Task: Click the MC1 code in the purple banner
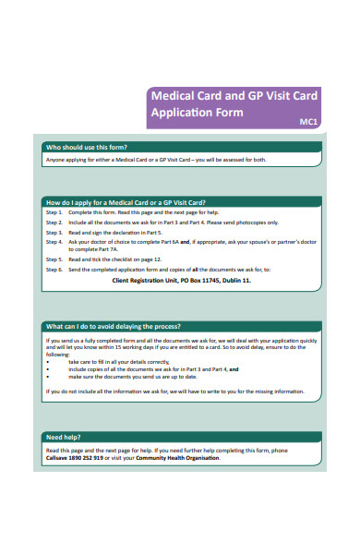tap(311, 121)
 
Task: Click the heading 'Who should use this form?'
tap(87, 148)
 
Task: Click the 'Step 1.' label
tap(54, 213)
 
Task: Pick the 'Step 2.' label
tap(54, 223)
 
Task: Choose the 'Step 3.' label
tap(54, 233)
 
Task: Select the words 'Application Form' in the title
tap(197, 113)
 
